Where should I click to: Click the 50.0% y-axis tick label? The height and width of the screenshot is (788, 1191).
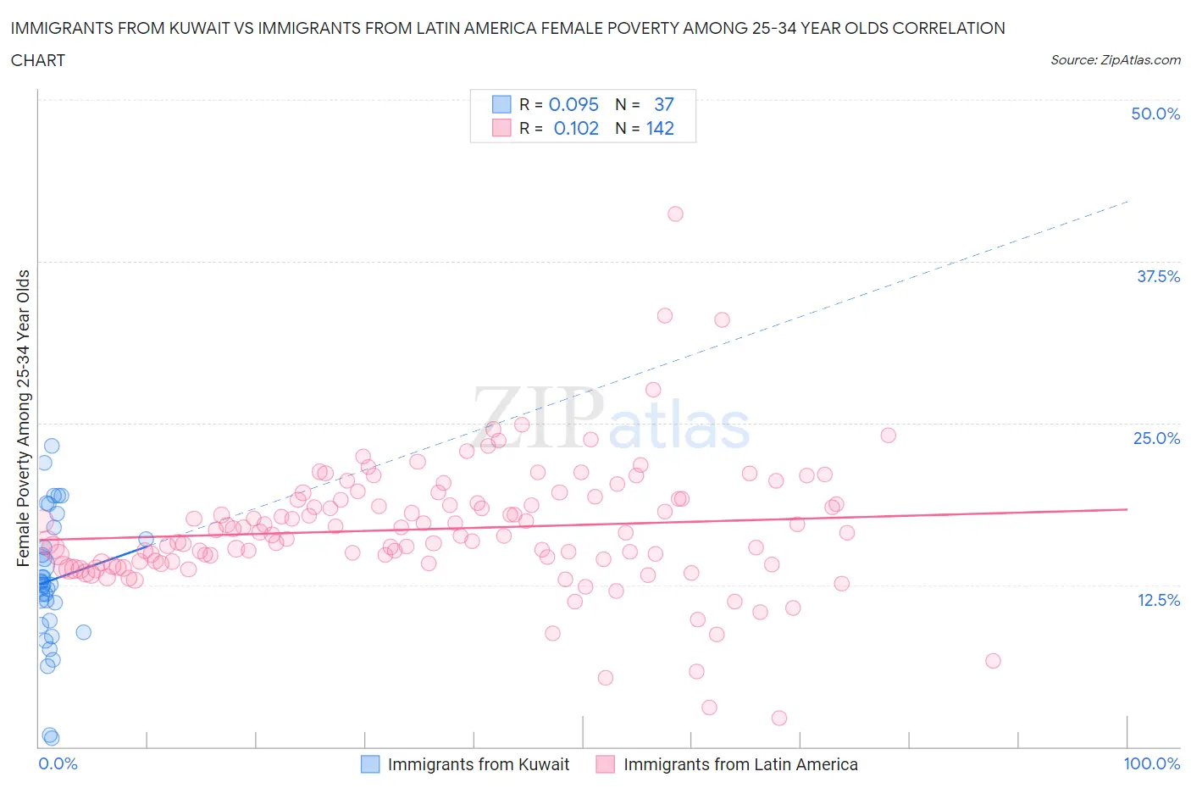(x=1155, y=114)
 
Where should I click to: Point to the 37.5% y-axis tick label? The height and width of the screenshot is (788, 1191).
(x=1157, y=276)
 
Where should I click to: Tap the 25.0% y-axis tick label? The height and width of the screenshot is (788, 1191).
(x=1155, y=438)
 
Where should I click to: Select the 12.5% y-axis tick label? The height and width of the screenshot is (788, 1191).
(x=1157, y=600)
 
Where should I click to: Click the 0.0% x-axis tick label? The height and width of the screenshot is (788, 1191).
(x=58, y=763)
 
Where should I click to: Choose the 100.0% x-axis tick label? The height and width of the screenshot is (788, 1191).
(x=1151, y=763)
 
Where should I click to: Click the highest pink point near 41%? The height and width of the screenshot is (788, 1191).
(x=675, y=214)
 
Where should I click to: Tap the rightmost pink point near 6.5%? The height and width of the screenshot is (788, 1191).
(x=993, y=661)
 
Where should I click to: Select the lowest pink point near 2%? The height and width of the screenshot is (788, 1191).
(x=779, y=718)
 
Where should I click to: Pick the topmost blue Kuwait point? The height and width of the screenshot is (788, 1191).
(x=52, y=446)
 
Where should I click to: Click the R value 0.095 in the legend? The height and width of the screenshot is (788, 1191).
(x=573, y=104)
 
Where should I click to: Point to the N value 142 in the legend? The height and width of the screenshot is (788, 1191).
(x=660, y=128)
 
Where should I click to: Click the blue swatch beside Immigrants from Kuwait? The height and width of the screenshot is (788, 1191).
(x=370, y=764)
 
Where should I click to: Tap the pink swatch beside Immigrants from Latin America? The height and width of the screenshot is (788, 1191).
(x=605, y=764)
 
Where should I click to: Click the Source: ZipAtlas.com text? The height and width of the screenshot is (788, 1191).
(x=1115, y=60)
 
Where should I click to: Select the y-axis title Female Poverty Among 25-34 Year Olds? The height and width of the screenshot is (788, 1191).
(x=24, y=418)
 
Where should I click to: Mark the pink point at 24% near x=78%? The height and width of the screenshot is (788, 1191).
(x=888, y=436)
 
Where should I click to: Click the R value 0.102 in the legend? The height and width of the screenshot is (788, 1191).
(x=576, y=128)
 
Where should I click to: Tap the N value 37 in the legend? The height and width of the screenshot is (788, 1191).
(x=663, y=104)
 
